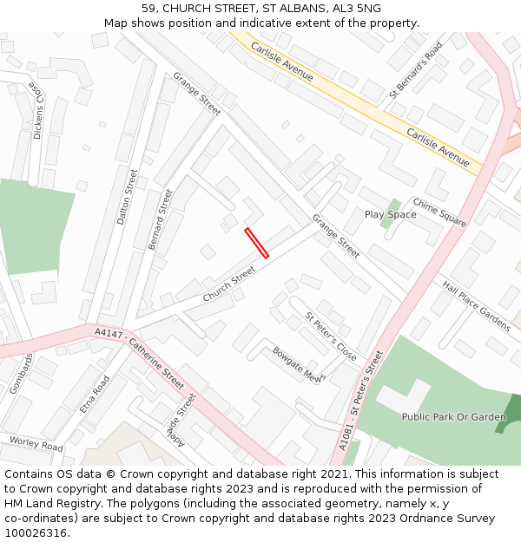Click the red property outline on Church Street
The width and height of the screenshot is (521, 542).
(256, 243)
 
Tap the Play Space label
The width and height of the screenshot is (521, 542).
(390, 214)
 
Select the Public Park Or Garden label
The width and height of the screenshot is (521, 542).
(453, 417)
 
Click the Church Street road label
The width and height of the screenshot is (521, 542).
(229, 284)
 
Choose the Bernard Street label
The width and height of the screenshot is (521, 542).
(161, 219)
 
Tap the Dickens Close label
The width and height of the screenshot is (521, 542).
(36, 112)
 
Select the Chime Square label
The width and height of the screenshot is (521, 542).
(439, 212)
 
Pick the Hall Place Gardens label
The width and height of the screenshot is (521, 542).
(476, 305)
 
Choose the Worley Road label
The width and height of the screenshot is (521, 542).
(36, 444)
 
